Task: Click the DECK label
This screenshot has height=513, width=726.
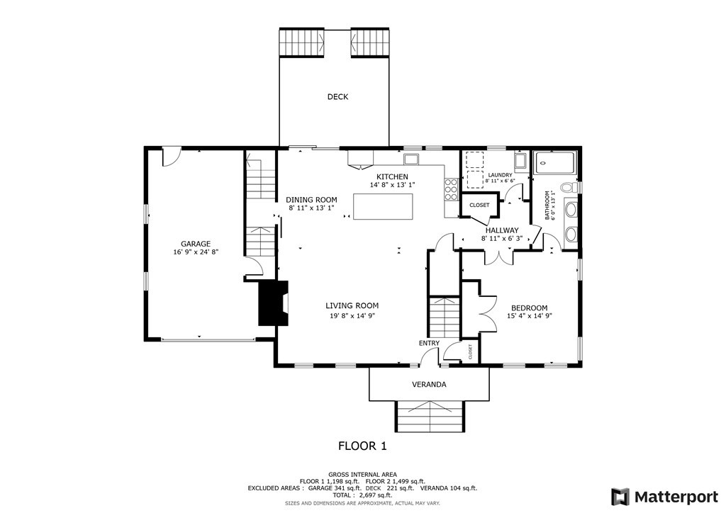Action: (x=337, y=96)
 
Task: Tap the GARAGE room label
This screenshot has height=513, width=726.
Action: (x=196, y=244)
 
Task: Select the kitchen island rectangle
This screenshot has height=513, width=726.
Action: (x=383, y=206)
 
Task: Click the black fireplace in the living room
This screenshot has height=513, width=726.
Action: (x=273, y=303)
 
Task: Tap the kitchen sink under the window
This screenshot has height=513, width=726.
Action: (x=411, y=159)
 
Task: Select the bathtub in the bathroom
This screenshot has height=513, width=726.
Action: (x=554, y=163)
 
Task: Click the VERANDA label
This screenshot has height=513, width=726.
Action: (x=429, y=385)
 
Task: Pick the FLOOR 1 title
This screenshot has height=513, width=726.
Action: (x=362, y=446)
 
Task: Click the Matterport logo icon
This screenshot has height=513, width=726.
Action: (x=620, y=497)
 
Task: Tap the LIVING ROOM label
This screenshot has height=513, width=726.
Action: (x=352, y=305)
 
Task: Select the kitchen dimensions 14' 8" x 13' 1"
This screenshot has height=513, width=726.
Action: (x=392, y=184)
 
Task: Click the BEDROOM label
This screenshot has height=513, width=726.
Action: (x=529, y=308)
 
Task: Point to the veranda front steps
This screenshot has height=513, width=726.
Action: (x=429, y=417)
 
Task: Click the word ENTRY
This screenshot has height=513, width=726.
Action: (x=429, y=343)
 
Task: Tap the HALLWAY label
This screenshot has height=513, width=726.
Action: (x=502, y=230)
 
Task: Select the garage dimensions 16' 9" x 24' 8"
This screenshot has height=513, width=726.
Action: (x=196, y=252)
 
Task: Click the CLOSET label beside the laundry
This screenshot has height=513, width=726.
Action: (x=479, y=205)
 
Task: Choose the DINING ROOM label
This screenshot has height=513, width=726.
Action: (x=311, y=200)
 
